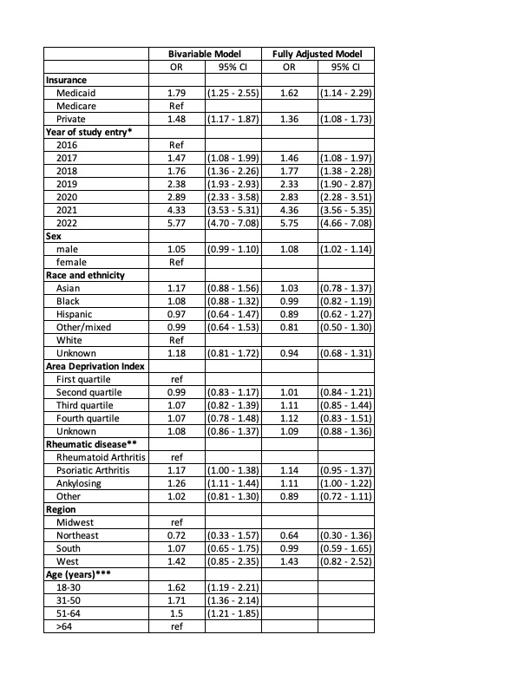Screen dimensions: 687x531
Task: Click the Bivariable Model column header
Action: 205,54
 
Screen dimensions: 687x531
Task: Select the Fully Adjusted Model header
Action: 318,54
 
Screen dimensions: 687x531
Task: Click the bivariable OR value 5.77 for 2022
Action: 176,223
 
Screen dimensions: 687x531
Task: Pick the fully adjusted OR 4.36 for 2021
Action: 290,210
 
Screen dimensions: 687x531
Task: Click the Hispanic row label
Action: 74,314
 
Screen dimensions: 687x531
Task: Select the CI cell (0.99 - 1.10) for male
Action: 233,249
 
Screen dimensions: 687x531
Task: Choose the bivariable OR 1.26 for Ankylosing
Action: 176,483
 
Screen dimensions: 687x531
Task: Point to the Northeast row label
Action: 77,535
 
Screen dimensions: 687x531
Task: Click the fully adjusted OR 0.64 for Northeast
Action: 290,535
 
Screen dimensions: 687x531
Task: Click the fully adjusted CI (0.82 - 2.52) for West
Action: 346,561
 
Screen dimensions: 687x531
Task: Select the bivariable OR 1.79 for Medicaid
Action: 176,93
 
